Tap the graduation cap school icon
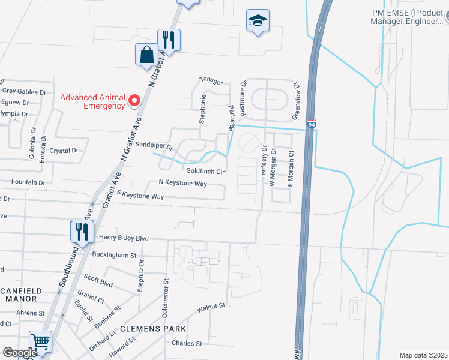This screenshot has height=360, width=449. (x=258, y=22)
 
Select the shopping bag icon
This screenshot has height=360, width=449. (x=146, y=56)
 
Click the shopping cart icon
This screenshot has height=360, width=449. (x=40, y=343)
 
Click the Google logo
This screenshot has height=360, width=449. (x=19, y=353)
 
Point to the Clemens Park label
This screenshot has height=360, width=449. (x=152, y=329)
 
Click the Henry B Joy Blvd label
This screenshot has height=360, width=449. (x=123, y=238)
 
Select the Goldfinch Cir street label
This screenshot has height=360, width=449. (x=205, y=172)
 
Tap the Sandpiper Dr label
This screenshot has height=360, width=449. (x=154, y=146)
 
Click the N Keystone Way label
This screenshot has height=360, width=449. (x=182, y=182)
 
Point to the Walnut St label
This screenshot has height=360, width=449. (x=211, y=308)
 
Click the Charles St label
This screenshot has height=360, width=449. (x=187, y=344)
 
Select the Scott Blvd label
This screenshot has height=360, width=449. (x=98, y=279)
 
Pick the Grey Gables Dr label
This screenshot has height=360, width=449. (x=24, y=91)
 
